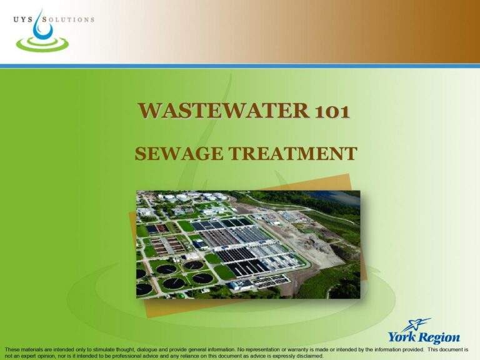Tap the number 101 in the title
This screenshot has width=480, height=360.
329,110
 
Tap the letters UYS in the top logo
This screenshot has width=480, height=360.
22,19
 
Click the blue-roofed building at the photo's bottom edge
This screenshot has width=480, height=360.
240,284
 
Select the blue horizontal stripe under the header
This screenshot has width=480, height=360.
240,66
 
